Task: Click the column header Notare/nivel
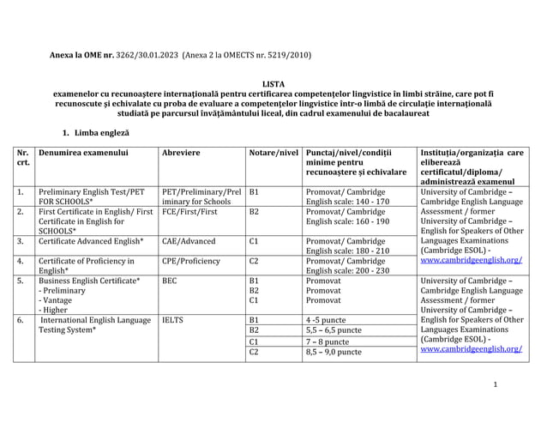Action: tap(273, 153)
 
